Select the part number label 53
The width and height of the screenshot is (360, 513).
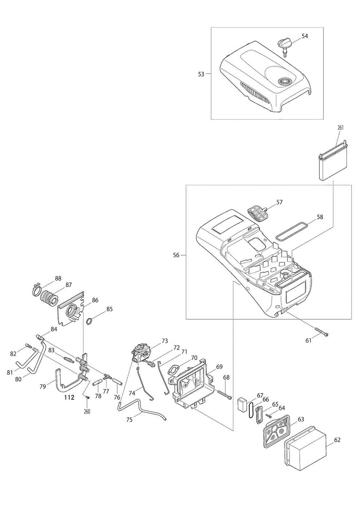201,74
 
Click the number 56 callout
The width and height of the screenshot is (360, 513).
176,255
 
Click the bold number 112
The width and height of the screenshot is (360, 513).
69,398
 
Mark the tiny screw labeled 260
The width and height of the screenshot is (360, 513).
87,397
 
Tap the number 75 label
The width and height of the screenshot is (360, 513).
130,420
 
